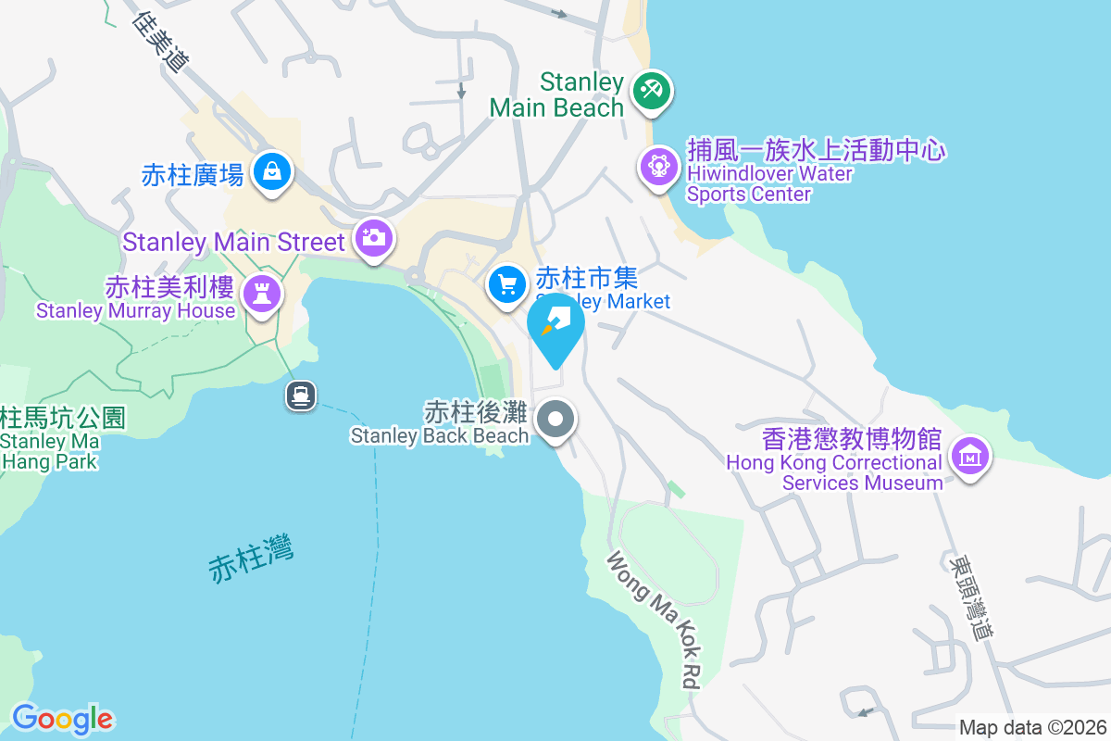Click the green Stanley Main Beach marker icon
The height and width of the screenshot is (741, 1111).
(652, 91)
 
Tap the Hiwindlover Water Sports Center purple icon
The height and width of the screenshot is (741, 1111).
(658, 167)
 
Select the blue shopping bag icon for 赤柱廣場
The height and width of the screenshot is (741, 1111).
(272, 170)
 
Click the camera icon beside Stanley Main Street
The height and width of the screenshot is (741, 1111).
(373, 237)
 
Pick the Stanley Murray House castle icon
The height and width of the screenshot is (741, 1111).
(262, 295)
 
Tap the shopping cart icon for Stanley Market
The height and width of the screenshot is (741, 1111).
(506, 283)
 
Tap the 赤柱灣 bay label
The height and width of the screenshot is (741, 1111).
(251, 558)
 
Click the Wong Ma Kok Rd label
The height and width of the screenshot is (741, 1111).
(652, 620)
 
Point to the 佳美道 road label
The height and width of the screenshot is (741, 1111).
(161, 43)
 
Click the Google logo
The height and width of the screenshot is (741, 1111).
(62, 719)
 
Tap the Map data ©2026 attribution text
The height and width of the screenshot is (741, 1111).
(1031, 727)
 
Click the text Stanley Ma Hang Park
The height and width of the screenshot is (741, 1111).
(51, 451)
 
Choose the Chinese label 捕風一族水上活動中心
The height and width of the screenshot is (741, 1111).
(815, 149)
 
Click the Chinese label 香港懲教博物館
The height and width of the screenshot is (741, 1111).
(852, 438)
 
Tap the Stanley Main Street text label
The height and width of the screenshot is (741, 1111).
(233, 242)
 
